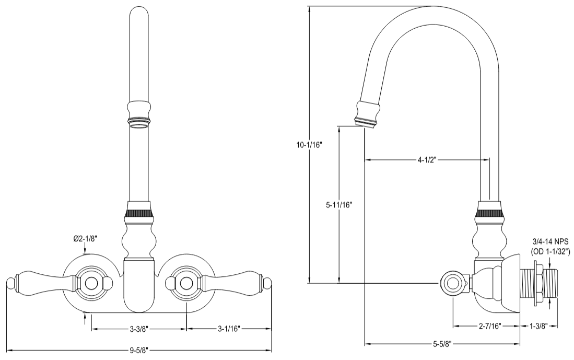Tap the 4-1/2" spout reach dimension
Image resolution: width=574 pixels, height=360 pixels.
(427, 160)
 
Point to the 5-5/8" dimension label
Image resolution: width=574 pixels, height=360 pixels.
(442, 344)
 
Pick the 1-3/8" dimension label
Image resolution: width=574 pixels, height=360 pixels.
(539, 326)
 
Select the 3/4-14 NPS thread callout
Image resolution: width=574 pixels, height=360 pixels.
(549, 241)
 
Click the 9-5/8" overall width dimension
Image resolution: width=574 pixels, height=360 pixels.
(139, 350)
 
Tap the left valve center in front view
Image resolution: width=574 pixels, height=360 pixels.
(92, 283)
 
